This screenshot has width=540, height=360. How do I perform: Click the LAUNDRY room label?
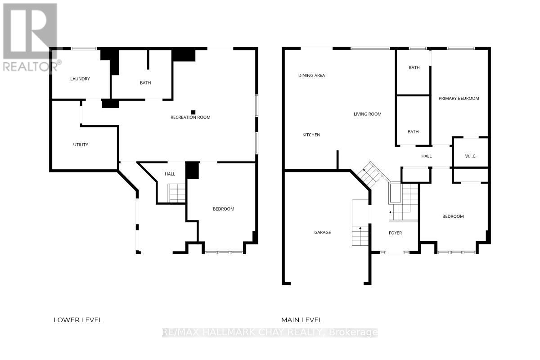tap(80, 79)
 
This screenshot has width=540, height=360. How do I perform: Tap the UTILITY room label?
tap(81, 144)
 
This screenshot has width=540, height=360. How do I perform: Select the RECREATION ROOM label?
tap(190, 117)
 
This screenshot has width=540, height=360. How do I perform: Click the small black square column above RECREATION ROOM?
tap(193, 112)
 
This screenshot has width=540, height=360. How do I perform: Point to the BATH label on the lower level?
tap(145, 83)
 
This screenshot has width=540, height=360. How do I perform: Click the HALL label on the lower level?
tap(170, 174)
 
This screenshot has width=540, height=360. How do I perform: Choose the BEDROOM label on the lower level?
tap(223, 209)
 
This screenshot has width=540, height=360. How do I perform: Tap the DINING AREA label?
tap(311, 76)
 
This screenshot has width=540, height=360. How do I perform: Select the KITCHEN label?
tap(311, 135)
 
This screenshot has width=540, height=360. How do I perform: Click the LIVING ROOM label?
tap(367, 114)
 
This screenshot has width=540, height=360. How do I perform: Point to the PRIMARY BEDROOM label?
tap(459, 98)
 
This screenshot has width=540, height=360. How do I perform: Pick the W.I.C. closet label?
tap(470, 156)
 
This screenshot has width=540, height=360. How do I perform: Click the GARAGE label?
tap(322, 233)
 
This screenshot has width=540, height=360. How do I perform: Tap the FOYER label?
tap(395, 233)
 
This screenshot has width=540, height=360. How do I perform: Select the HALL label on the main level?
tap(426, 156)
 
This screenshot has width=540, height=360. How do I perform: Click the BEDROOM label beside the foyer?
tap(453, 216)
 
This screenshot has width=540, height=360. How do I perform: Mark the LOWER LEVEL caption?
tap(78, 320)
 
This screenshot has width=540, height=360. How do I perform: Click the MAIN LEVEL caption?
tap(301, 320)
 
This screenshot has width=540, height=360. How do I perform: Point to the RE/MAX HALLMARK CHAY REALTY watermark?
tap(270, 333)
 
